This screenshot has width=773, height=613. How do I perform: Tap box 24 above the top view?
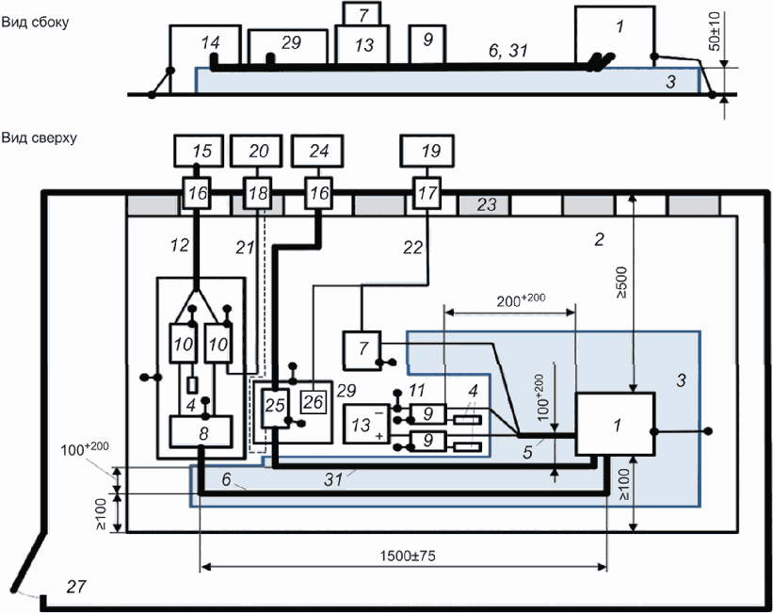pos(317,150)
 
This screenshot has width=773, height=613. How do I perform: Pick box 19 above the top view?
pos(427,150)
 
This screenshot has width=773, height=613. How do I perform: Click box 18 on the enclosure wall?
pos(257,195)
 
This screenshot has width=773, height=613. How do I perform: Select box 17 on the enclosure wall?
pos(427,195)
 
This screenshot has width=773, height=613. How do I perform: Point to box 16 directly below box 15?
pos(198,195)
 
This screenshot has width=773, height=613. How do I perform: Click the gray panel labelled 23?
pos(485,204)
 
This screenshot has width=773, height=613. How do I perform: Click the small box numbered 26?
pos(314,402)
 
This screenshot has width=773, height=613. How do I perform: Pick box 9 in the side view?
pos(427,41)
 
